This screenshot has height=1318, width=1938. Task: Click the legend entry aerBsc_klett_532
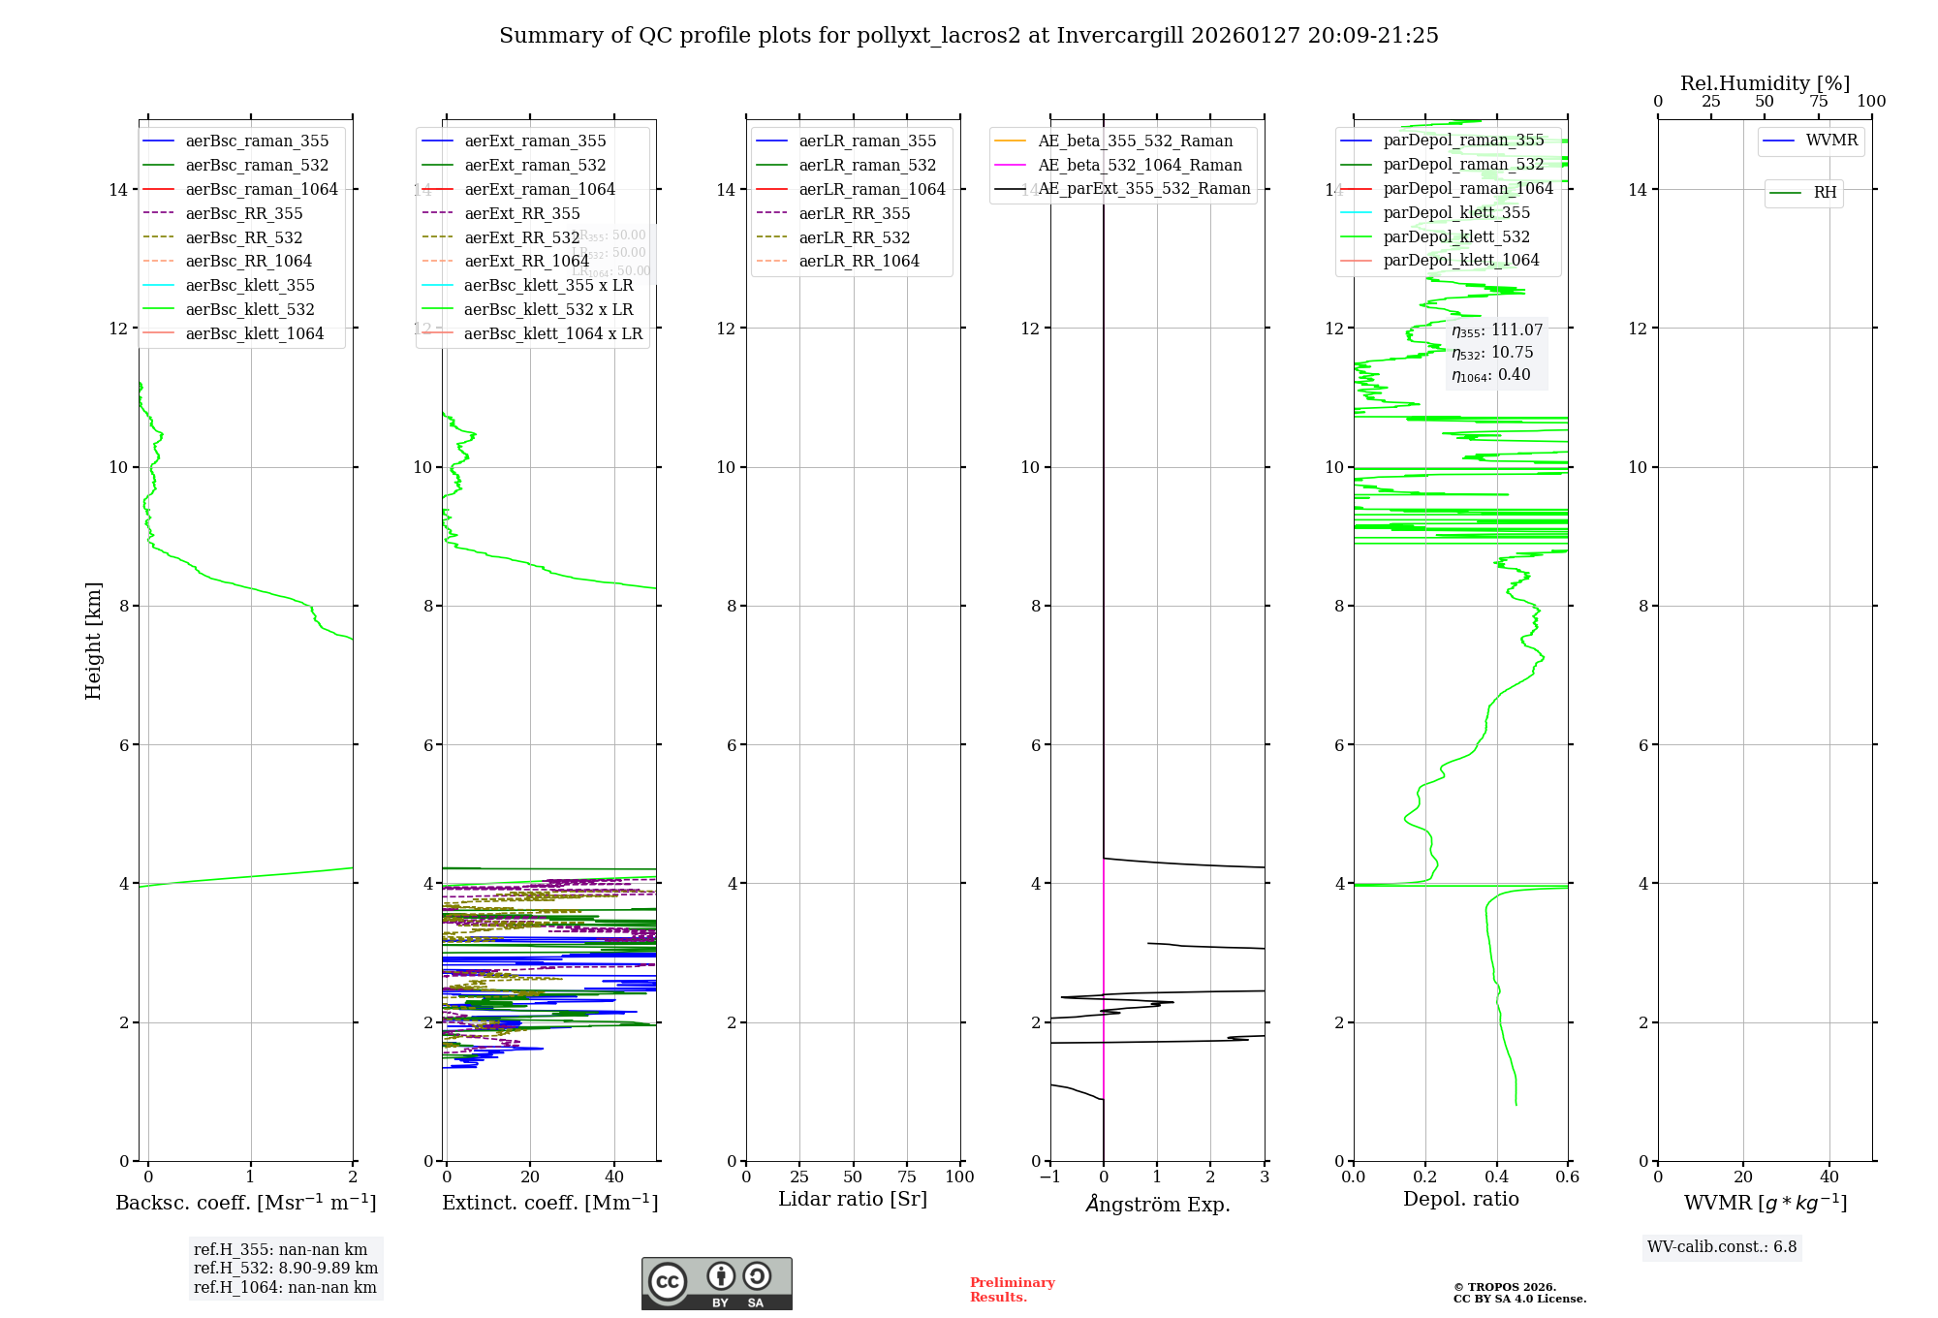click(250, 309)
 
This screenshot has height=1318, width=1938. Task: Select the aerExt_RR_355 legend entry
click(521, 213)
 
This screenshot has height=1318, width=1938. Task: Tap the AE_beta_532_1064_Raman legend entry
click(1140, 165)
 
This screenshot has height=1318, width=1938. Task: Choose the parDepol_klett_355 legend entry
click(1456, 212)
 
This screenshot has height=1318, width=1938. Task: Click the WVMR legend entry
click(1831, 141)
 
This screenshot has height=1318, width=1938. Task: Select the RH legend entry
click(1825, 193)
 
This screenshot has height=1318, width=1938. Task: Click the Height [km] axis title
click(93, 641)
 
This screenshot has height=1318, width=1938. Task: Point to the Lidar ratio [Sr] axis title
click(853, 1200)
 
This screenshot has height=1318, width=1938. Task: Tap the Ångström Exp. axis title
click(1158, 1204)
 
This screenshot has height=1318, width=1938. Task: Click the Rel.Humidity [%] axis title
click(1765, 83)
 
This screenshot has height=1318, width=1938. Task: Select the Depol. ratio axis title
click(1461, 1200)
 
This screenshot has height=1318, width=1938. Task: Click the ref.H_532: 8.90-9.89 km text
click(286, 1269)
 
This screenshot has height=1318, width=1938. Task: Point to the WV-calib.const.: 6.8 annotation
click(1722, 1247)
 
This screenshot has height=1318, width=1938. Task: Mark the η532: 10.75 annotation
click(1492, 353)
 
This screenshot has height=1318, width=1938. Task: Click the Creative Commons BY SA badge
click(717, 1284)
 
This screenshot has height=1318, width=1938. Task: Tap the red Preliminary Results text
click(1012, 1290)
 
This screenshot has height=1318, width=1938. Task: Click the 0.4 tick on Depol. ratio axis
click(1497, 1177)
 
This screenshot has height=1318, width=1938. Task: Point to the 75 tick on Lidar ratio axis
click(907, 1177)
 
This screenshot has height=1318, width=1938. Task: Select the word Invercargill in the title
click(1119, 36)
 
